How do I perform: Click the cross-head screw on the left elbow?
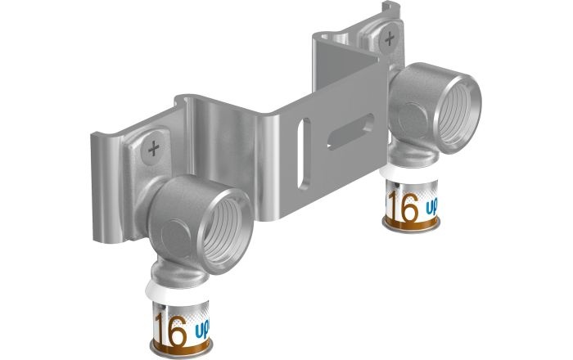coord(153,149)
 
